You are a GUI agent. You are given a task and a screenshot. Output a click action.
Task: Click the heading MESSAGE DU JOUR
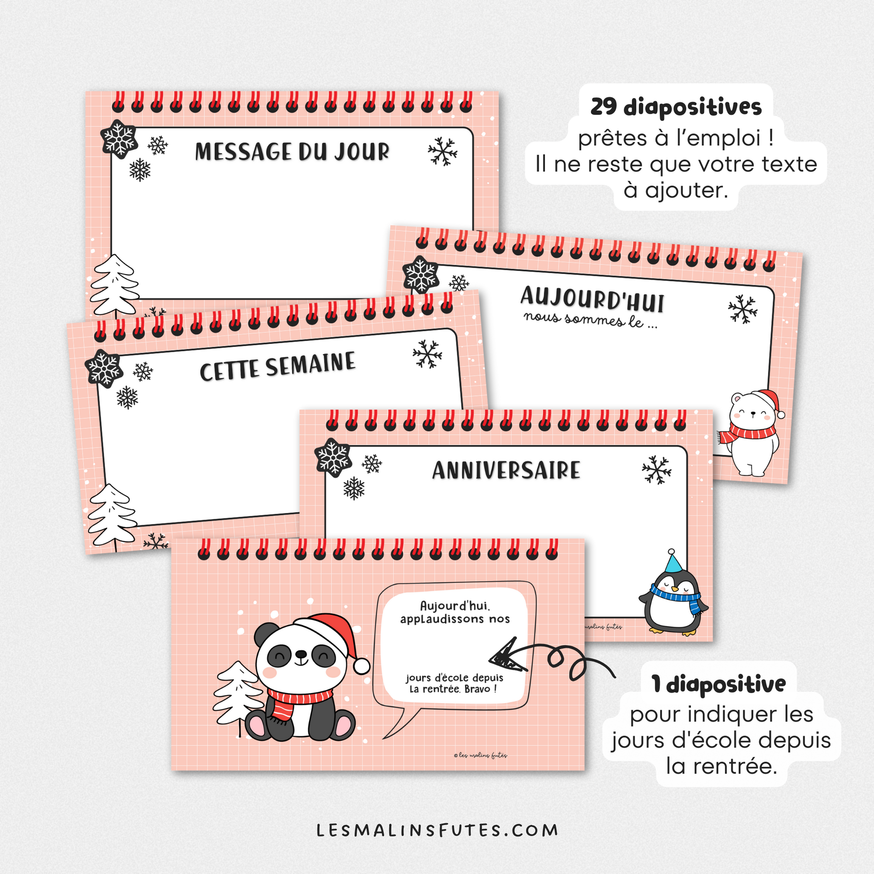point(292,152)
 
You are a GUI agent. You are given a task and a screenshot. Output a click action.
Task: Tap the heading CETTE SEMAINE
point(277,367)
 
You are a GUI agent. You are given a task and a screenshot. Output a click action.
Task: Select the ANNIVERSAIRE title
point(506,470)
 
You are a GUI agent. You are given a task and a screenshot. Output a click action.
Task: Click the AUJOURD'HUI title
point(592,299)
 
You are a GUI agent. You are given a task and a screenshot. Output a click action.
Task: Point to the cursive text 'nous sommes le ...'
point(590,320)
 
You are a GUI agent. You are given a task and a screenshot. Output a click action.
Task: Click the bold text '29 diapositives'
point(676,107)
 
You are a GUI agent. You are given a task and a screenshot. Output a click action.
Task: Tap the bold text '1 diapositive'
point(718,684)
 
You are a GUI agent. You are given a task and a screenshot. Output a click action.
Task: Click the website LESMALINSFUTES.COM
point(437,830)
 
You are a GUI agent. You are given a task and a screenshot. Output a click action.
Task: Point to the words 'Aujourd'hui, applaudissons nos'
point(455,612)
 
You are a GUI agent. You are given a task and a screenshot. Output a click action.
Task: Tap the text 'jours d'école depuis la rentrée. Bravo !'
point(454,683)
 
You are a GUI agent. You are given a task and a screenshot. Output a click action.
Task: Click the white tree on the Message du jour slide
point(114,285)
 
